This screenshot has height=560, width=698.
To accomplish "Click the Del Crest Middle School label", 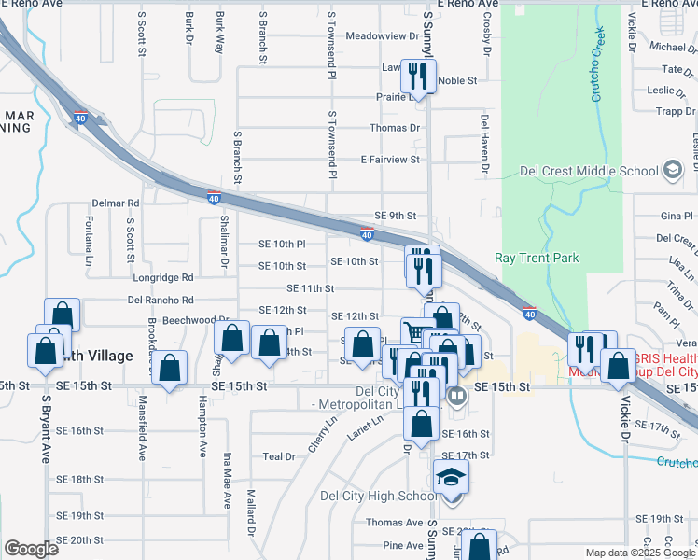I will point(588,171).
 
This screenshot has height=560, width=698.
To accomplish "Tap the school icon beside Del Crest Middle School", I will point(672,171).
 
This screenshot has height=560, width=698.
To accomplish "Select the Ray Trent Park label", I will point(537,259).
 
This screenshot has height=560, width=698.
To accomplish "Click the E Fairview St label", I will point(390,160).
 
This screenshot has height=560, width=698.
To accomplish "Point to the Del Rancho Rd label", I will point(161,301).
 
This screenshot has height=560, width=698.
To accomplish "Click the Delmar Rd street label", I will point(115,203).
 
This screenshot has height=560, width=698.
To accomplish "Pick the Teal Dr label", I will point(278,456).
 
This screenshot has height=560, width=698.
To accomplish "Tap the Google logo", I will point(31,549).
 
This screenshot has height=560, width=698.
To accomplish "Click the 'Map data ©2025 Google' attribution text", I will point(639,553).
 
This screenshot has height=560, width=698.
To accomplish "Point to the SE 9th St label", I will point(395,216).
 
